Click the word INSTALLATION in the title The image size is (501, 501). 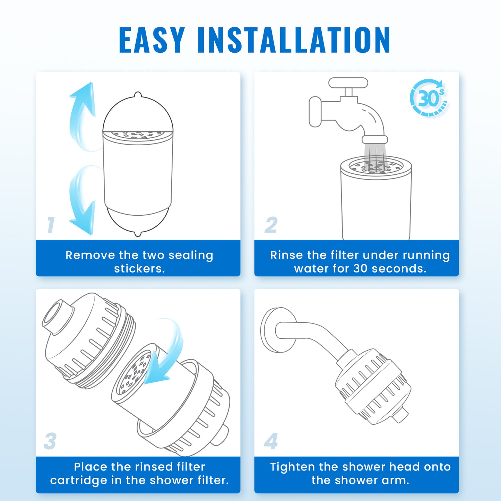294,40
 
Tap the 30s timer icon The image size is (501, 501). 429,97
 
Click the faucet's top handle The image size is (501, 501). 348,83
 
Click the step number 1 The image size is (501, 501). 51,225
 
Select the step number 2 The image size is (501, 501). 271,225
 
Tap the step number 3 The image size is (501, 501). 50,441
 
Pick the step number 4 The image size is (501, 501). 271,441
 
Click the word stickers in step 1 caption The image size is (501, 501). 139,269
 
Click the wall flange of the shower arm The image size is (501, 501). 278,330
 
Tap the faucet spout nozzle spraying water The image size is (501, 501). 375,140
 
